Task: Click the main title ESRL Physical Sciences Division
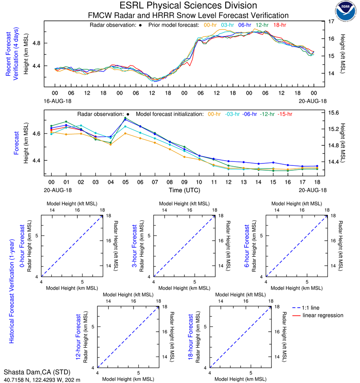[188, 6]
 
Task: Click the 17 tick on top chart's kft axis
[332, 21]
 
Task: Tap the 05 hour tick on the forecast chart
[125, 182]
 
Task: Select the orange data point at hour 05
[125, 133]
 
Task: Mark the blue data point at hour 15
[273, 163]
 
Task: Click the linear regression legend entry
[323, 315]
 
